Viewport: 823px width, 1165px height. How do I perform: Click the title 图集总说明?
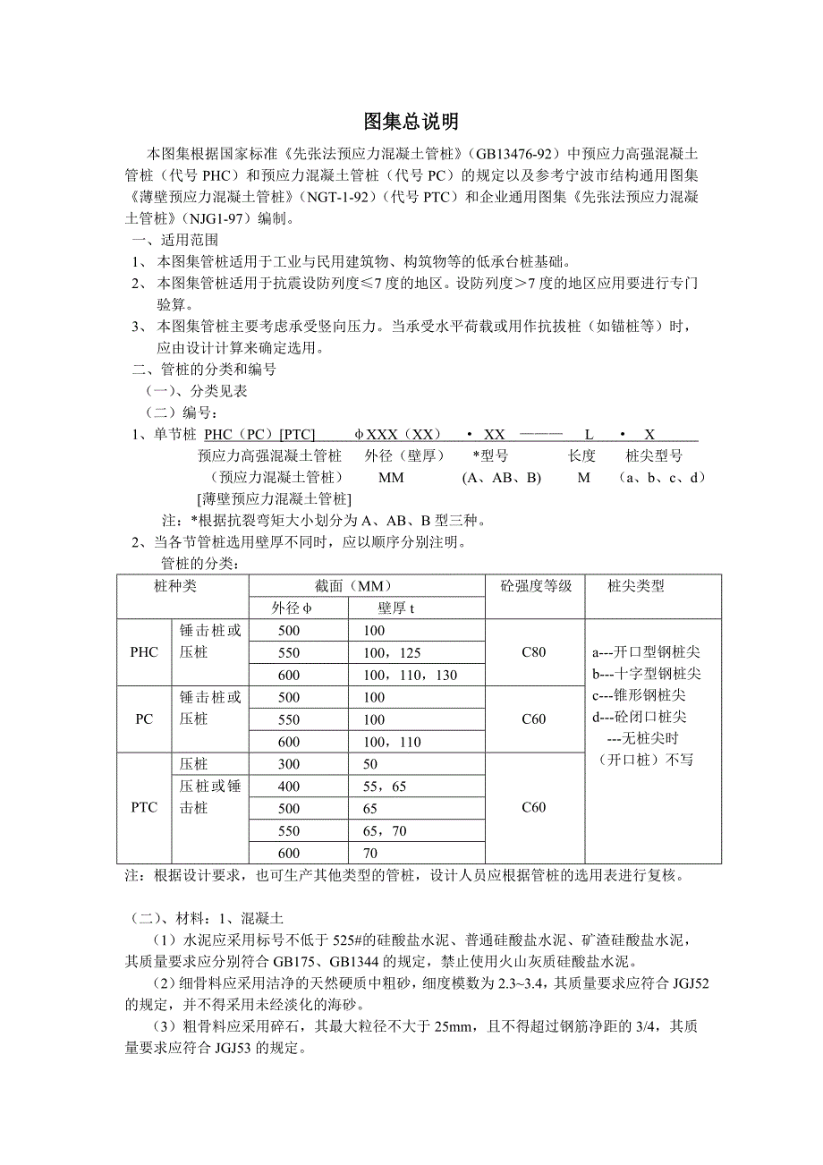click(x=411, y=122)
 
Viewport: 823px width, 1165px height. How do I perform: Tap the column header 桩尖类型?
click(x=635, y=587)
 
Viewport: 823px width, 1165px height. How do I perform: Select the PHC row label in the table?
click(x=144, y=652)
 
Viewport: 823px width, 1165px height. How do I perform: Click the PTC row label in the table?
click(x=144, y=807)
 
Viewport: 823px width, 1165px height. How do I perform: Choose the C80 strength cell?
click(x=533, y=652)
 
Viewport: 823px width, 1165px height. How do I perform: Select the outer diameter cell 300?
click(x=289, y=763)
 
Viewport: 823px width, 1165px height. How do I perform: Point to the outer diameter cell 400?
click(x=289, y=786)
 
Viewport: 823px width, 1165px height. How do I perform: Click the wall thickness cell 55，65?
click(x=385, y=786)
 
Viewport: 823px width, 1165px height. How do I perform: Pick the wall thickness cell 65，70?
click(x=385, y=830)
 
